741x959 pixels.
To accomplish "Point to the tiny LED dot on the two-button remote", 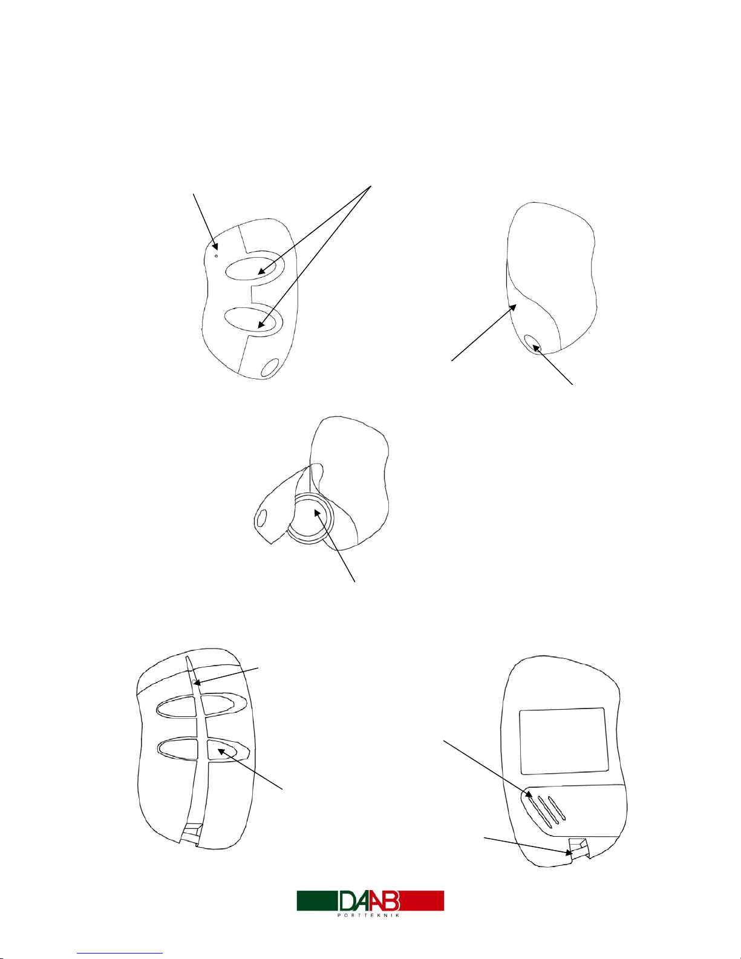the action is pyautogui.click(x=216, y=255).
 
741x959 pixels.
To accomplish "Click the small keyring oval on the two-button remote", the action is pyautogui.click(x=270, y=367).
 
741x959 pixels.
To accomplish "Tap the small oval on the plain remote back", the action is pyautogui.click(x=533, y=344).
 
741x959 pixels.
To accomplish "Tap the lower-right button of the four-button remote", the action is pyautogui.click(x=229, y=750).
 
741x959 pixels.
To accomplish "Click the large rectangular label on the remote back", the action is pyautogui.click(x=564, y=741).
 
